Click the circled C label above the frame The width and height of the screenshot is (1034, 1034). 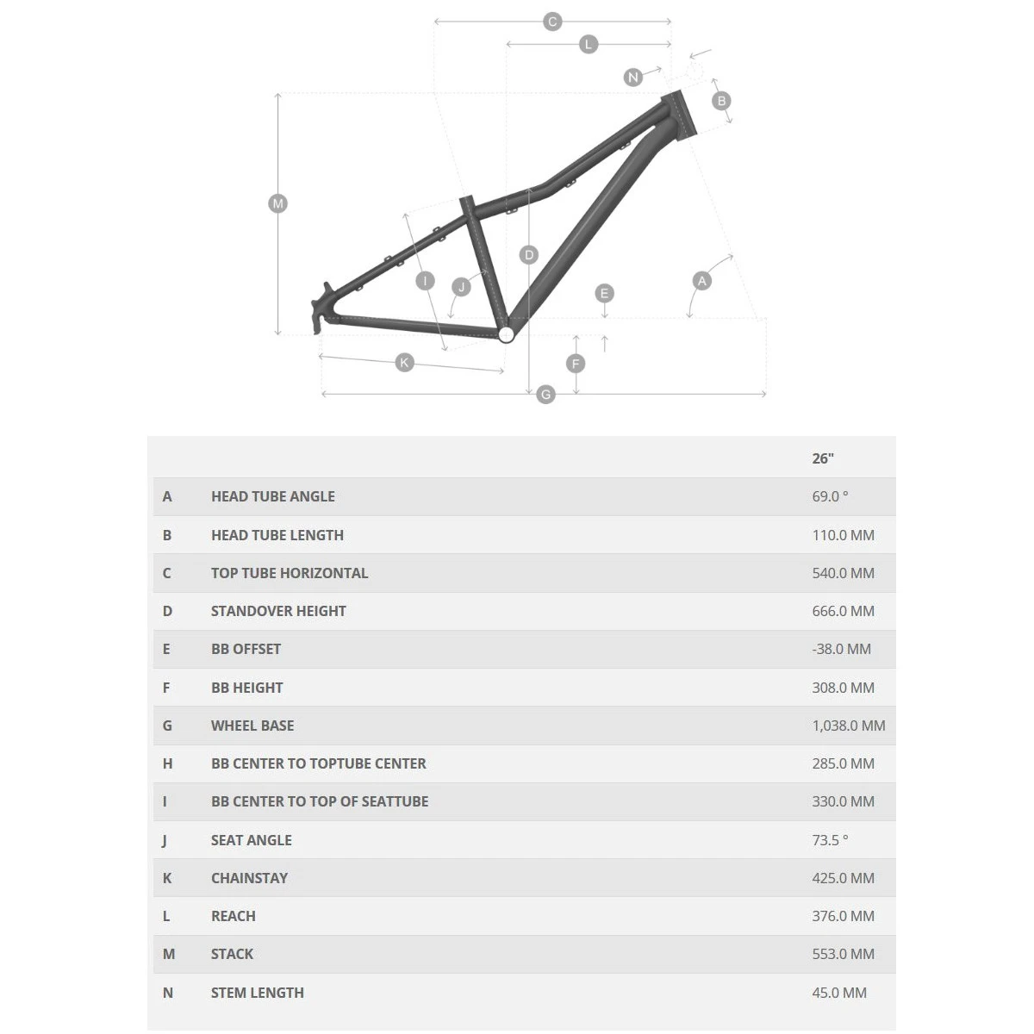point(552,22)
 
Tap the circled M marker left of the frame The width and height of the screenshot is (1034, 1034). point(277,204)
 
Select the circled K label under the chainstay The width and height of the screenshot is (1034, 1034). point(404,363)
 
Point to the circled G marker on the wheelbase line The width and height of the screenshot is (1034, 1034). point(545,395)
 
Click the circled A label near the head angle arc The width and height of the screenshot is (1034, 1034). point(702,281)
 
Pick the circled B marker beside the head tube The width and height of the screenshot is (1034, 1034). point(721,101)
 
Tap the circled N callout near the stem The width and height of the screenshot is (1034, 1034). point(633,78)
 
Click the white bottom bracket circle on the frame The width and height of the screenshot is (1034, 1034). point(506,335)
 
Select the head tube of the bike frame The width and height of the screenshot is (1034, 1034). point(679,115)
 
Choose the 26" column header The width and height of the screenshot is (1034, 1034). point(823,458)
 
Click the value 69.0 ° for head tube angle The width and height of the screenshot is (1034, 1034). point(830,496)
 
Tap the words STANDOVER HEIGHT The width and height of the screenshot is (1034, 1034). point(278,611)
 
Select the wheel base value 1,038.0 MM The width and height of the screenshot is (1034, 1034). point(849,726)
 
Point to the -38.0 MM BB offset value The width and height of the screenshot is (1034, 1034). point(841,650)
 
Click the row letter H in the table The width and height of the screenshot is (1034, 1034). point(167,763)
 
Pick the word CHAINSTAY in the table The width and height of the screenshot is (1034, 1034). point(250,878)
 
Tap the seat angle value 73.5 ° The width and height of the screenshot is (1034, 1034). point(830,840)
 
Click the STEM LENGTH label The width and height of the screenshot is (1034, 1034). point(258,994)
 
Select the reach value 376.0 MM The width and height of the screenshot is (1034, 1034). point(843,916)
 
